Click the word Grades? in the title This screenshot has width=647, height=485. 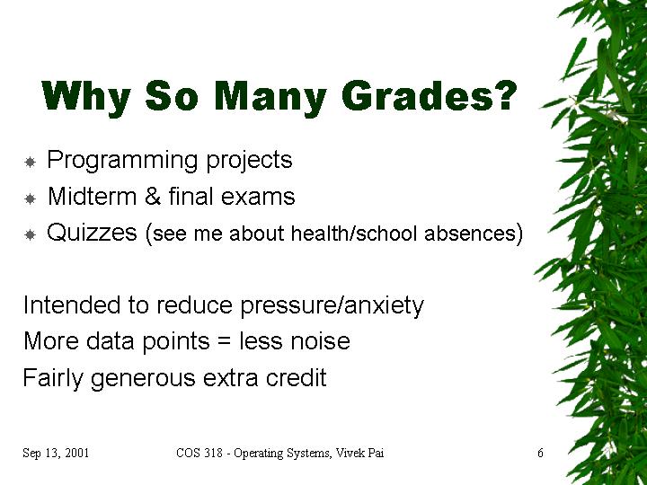tap(430, 96)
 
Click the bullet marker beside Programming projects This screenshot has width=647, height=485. tap(31, 162)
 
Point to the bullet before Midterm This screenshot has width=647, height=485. tap(31, 198)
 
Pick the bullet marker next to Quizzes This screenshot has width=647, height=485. tap(31, 235)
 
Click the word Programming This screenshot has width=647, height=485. tap(122, 161)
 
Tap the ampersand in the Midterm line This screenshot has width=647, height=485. tap(153, 197)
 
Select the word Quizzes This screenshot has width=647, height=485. tap(92, 233)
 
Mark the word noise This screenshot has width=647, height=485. tap(320, 341)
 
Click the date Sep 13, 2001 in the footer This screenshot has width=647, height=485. tap(56, 453)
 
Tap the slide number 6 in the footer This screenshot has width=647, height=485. tap(540, 453)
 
